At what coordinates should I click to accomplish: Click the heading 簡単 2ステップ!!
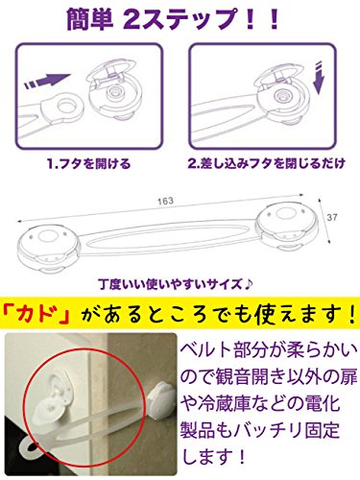(173, 19)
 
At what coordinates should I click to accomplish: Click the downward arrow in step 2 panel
(319, 77)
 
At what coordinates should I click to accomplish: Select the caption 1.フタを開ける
(89, 164)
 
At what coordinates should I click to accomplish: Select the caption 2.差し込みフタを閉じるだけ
(266, 163)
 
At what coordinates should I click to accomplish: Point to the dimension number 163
(165, 201)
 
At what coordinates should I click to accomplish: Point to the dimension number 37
(332, 217)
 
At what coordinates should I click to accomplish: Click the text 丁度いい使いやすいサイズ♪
(176, 284)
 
